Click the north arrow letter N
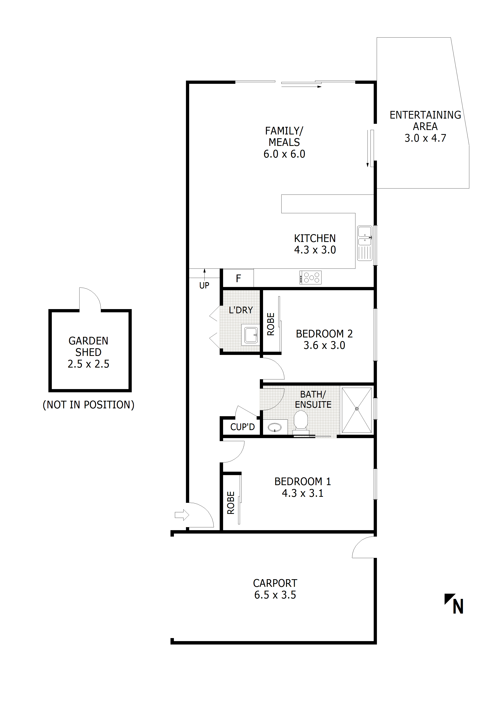pyautogui.click(x=458, y=607)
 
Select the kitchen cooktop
pyautogui.click(x=310, y=278)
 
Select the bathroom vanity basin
pyautogui.click(x=275, y=427)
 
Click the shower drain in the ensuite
pyautogui.click(x=357, y=409)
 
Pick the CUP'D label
pyautogui.click(x=242, y=427)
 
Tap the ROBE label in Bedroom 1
pyautogui.click(x=231, y=503)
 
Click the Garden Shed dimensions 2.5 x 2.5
pyautogui.click(x=88, y=364)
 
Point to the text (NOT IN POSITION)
pyautogui.click(x=88, y=405)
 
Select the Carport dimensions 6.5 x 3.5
pyautogui.click(x=275, y=595)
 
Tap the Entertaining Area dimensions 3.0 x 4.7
pyautogui.click(x=425, y=138)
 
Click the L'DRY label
pyautogui.click(x=241, y=310)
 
